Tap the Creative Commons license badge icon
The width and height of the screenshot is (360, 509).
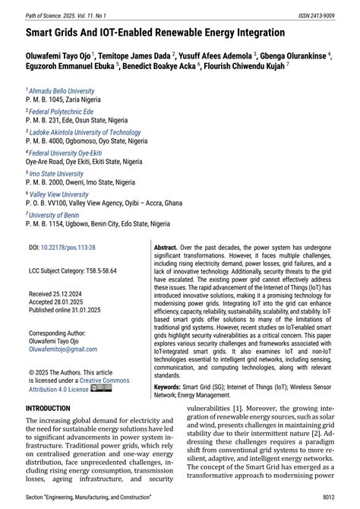pyautogui.click(x=100, y=388)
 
